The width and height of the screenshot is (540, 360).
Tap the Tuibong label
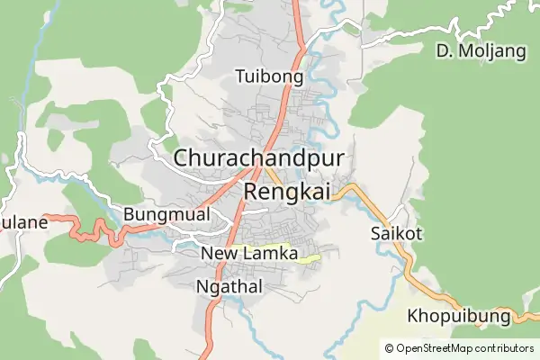tap(267, 76)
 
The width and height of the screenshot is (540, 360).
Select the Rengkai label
tap(288, 191)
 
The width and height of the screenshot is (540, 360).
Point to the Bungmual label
tap(166, 214)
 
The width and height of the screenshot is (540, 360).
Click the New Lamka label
tap(249, 254)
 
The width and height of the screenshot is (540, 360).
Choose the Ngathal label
tap(229, 287)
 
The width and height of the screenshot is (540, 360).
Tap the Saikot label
tap(396, 234)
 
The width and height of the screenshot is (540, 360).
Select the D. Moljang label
tap(481, 51)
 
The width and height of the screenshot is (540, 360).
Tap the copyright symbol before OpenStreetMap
tap(389, 347)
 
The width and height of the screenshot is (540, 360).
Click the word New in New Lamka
tap(217, 254)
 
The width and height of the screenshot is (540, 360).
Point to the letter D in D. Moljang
tap(442, 51)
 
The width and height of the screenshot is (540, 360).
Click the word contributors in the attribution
tap(503, 347)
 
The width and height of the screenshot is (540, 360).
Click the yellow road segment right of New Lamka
tap(309, 259)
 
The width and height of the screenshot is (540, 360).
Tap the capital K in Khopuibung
tap(413, 317)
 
